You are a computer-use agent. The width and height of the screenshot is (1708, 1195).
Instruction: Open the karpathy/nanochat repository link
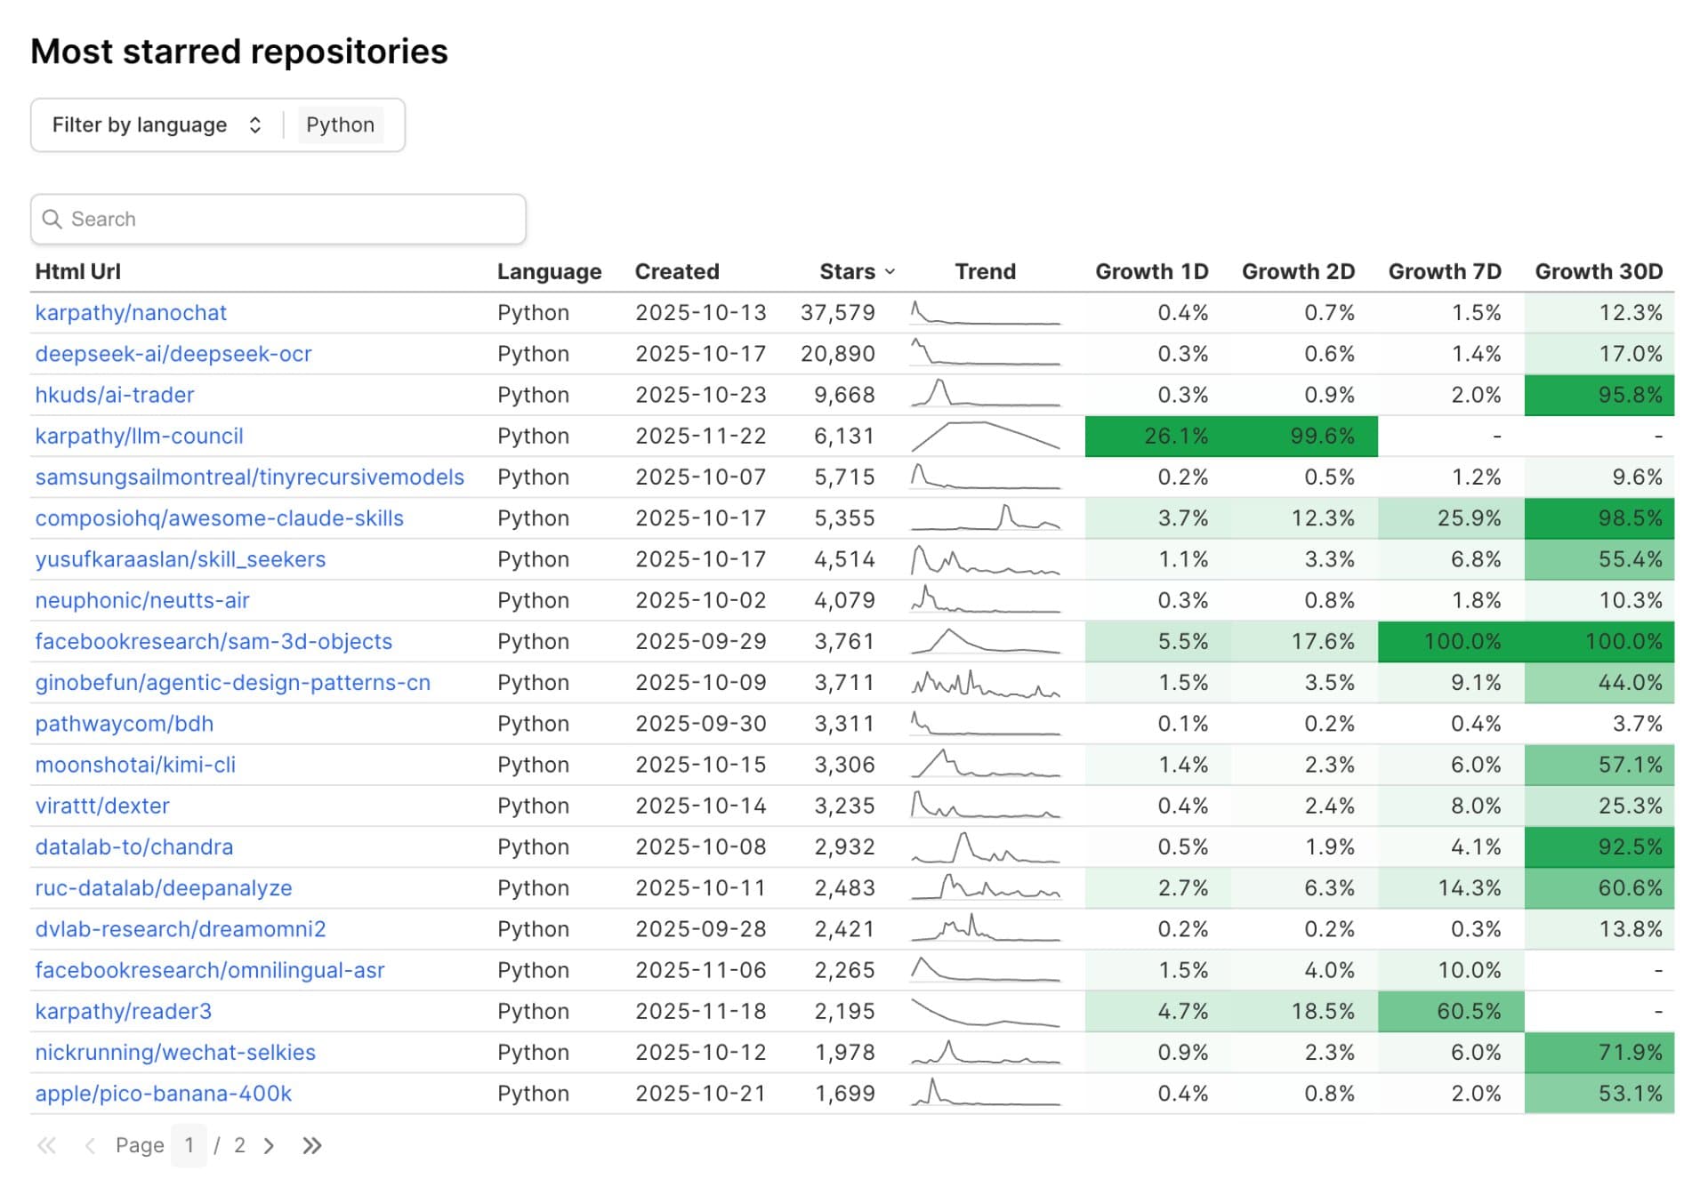[x=131, y=313]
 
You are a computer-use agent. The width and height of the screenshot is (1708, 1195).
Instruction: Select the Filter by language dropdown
[x=157, y=124]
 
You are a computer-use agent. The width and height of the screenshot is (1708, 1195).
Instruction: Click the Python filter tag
[x=340, y=124]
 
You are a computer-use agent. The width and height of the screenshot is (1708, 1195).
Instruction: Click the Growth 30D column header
[x=1598, y=271]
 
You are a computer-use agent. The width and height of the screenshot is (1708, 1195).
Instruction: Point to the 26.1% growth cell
[x=1175, y=436]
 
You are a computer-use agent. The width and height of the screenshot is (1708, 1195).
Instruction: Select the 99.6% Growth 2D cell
[x=1322, y=436]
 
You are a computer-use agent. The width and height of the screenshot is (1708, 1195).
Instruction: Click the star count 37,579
[x=837, y=313]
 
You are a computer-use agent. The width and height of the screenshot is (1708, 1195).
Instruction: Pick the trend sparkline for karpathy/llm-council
[x=985, y=436]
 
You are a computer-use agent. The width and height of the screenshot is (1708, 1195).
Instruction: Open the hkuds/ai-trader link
[x=114, y=395]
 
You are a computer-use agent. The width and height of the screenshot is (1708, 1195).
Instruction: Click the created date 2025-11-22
[x=700, y=436]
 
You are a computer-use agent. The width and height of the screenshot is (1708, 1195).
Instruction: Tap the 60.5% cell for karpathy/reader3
[x=1468, y=1011]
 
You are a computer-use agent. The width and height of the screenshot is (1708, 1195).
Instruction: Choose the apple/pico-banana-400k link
[x=163, y=1094]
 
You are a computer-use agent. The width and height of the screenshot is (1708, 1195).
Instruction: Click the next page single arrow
[x=269, y=1145]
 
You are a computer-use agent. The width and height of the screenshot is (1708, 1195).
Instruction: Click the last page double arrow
[x=311, y=1145]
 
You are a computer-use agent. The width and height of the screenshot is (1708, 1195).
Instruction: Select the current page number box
[x=189, y=1145]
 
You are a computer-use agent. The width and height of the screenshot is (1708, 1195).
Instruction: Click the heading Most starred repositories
[x=239, y=52]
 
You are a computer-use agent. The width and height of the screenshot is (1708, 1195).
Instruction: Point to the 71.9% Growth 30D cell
[x=1629, y=1052]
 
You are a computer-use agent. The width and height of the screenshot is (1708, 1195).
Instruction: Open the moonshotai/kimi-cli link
[x=135, y=765]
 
